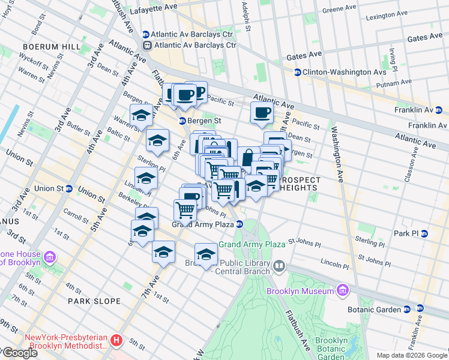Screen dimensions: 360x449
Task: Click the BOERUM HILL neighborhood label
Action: [47, 46]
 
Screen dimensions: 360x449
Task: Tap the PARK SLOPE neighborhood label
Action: [94, 301]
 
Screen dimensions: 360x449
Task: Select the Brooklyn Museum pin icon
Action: [342, 291]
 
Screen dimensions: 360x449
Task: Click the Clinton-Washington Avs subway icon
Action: [297, 72]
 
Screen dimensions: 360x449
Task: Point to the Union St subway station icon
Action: [69, 188]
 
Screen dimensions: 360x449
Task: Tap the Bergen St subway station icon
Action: [184, 121]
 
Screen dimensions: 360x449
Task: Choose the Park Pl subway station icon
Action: [424, 233]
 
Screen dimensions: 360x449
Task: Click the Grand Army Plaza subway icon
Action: [240, 224]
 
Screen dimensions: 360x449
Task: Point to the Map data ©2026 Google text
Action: [412, 355]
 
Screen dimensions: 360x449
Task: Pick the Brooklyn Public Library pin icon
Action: [279, 265]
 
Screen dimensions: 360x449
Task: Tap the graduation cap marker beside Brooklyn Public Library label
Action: [206, 254]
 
